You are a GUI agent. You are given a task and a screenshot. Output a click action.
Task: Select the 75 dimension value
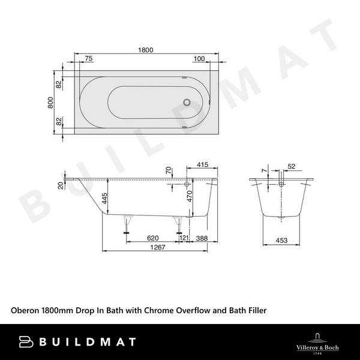click(89, 59)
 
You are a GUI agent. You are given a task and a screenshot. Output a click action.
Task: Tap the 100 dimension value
click(200, 59)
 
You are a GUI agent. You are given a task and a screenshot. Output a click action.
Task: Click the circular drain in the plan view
click(189, 103)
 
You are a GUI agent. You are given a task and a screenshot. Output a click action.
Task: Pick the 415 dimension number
click(202, 164)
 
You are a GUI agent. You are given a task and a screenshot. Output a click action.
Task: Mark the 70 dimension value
click(168, 172)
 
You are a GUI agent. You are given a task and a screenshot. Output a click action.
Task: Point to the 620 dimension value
click(152, 239)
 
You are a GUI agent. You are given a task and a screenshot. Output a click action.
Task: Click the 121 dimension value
click(184, 239)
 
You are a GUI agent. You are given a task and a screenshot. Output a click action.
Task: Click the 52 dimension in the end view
click(292, 166)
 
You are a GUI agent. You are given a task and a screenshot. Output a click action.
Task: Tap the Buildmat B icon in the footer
click(26, 341)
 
